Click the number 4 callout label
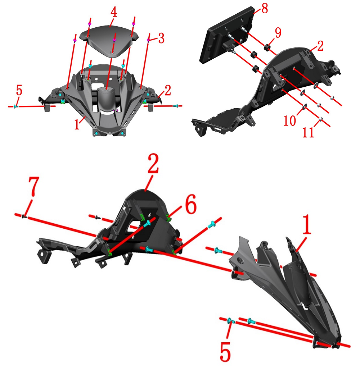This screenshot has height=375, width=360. [x=114, y=12]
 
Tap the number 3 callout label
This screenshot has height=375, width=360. [x=161, y=38]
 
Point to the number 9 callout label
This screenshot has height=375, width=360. [x=278, y=32]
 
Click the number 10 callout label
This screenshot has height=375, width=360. [x=290, y=120]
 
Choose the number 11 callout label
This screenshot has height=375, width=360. [x=308, y=132]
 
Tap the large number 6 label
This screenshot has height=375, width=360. [x=191, y=204]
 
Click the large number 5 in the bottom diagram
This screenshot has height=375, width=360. [x=225, y=351]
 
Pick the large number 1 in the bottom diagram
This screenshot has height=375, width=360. [x=307, y=224]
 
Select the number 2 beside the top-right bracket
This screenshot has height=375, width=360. [x=320, y=46]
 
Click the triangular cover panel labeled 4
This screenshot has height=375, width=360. [x=109, y=41]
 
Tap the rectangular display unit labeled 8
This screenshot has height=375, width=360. [x=226, y=35]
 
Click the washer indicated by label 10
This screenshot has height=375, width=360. [x=304, y=106]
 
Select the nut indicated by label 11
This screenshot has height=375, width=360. [x=320, y=119]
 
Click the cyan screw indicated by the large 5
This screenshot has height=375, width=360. [x=230, y=320]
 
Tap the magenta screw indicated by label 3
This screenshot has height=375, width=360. [x=149, y=40]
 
